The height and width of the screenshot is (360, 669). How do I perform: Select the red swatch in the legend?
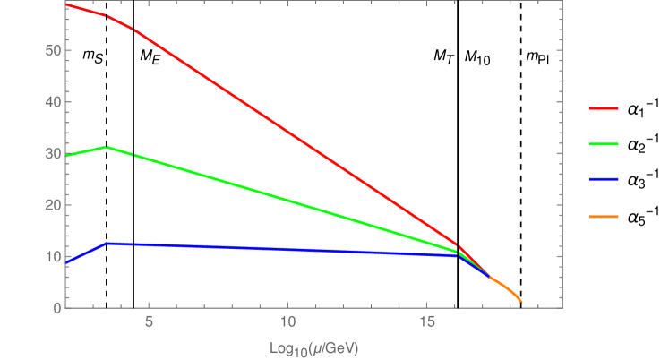click(x=605, y=108)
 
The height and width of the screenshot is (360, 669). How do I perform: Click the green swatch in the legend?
click(x=605, y=144)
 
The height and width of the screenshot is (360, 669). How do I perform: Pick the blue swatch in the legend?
click(x=605, y=180)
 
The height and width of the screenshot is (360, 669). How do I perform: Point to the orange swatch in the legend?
click(x=605, y=216)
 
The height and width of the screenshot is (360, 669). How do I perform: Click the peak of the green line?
click(x=107, y=147)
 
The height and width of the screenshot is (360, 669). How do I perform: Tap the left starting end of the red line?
click(x=67, y=4)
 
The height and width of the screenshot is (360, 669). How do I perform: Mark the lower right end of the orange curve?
click(x=521, y=301)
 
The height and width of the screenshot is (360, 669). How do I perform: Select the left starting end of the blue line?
click(x=67, y=263)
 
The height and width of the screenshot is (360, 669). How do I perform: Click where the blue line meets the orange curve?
click(x=490, y=278)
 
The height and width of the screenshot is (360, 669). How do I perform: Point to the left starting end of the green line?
click(x=67, y=156)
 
